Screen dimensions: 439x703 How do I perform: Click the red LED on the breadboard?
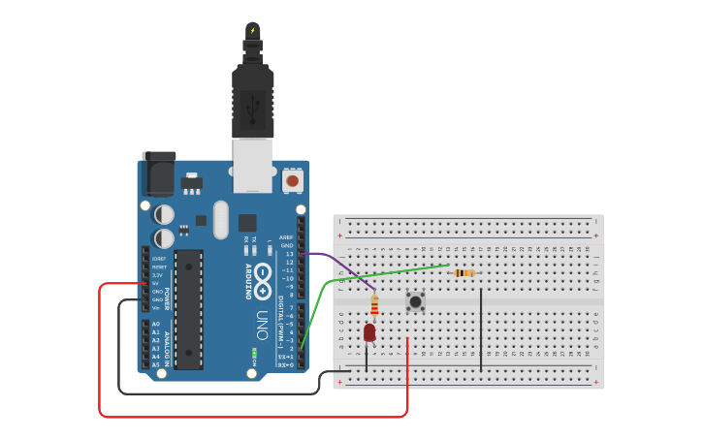(369, 332)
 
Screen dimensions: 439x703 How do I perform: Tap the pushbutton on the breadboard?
(416, 301)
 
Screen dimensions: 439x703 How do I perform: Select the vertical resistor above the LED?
(375, 305)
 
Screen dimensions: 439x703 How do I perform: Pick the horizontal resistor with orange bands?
(465, 272)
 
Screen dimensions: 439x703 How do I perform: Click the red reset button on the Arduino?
(292, 180)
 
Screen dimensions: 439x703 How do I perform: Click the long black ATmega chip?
(189, 309)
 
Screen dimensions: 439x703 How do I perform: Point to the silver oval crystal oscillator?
(220, 219)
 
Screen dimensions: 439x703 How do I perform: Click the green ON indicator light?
(254, 353)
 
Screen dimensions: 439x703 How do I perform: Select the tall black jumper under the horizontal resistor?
(481, 329)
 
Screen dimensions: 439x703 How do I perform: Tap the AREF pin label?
(286, 237)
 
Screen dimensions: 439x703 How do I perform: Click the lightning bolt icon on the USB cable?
(253, 30)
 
